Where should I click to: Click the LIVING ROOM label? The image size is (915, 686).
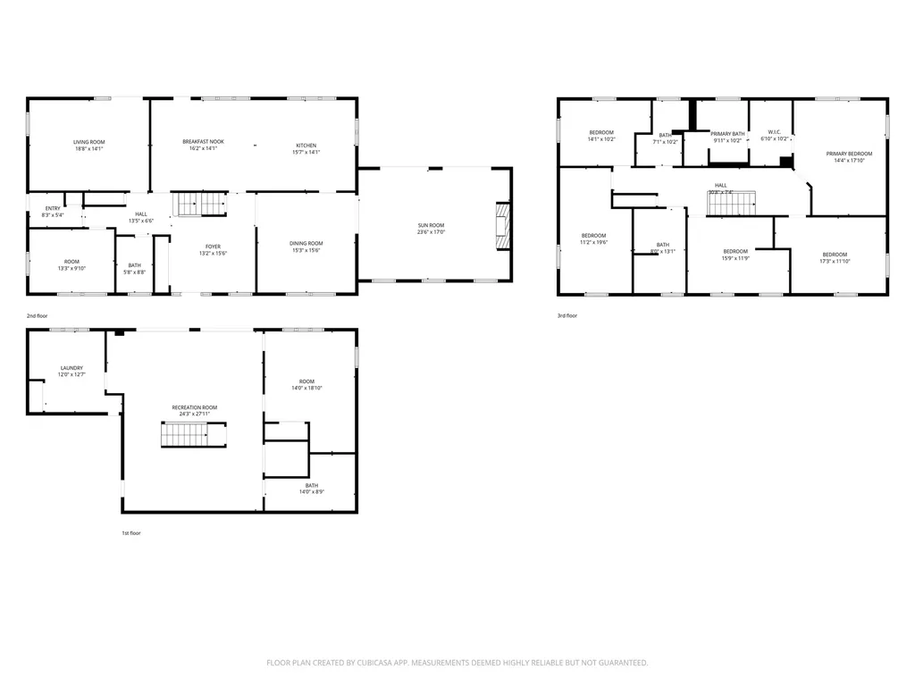pyautogui.click(x=89, y=142)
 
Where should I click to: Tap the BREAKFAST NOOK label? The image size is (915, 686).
pyautogui.click(x=203, y=142)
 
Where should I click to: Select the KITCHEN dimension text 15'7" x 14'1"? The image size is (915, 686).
pyautogui.click(x=306, y=153)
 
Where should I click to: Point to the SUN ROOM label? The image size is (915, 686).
pyautogui.click(x=431, y=225)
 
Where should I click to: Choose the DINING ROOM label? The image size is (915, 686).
pyautogui.click(x=306, y=243)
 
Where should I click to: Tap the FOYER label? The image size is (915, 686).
pyautogui.click(x=213, y=247)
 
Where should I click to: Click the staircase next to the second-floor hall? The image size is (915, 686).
pyautogui.click(x=199, y=205)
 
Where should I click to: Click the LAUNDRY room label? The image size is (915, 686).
pyautogui.click(x=71, y=368)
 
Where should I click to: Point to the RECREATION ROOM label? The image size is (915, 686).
pyautogui.click(x=195, y=407)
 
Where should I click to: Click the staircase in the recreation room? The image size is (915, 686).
pyautogui.click(x=185, y=436)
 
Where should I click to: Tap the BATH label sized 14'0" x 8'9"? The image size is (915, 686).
pyautogui.click(x=311, y=485)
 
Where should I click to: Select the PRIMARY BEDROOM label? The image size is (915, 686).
pyautogui.click(x=849, y=154)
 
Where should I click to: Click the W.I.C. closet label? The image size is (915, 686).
pyautogui.click(x=773, y=133)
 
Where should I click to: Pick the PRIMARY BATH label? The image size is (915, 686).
pyautogui.click(x=727, y=134)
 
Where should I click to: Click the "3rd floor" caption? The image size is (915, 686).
pyautogui.click(x=567, y=315)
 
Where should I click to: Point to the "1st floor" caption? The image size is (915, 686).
pyautogui.click(x=131, y=532)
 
